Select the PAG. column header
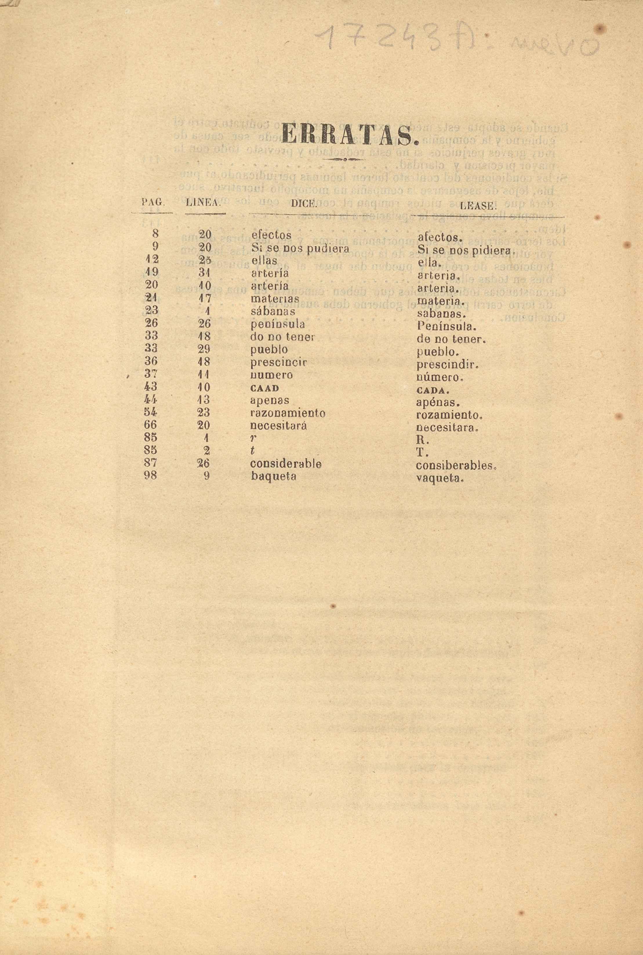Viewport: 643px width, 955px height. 152,202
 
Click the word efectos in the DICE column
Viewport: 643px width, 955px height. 271,235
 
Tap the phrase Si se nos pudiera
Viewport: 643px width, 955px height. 300,248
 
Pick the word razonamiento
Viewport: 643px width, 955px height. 288,413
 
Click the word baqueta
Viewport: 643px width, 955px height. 273,476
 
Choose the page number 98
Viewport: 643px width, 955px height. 150,476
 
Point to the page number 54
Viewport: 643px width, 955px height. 150,412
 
